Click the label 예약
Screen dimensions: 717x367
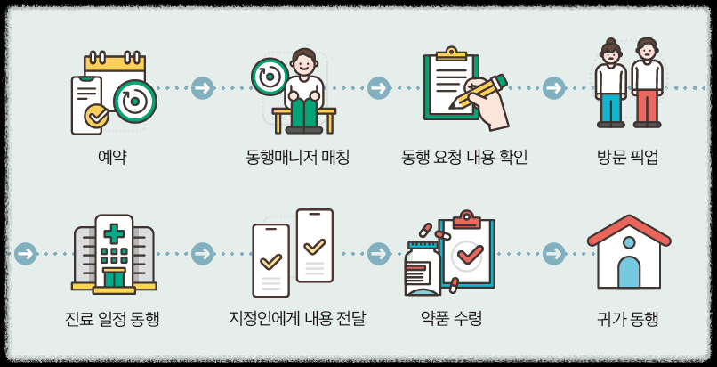point(112,158)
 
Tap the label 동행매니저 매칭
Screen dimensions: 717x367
point(297,158)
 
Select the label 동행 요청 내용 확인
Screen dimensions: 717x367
point(464,158)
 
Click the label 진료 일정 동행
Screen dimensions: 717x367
point(112,318)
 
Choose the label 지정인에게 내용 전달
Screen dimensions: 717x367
point(297,318)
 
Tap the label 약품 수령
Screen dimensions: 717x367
point(451,318)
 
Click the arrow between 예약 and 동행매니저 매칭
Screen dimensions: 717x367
point(203,88)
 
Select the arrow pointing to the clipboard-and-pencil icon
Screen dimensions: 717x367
point(379,88)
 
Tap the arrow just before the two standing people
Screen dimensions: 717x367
point(554,88)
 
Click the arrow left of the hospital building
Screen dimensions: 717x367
point(26,254)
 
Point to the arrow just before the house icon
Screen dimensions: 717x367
point(554,254)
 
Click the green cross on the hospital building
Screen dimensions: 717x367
point(114,233)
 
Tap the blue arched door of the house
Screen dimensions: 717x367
point(629,272)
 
